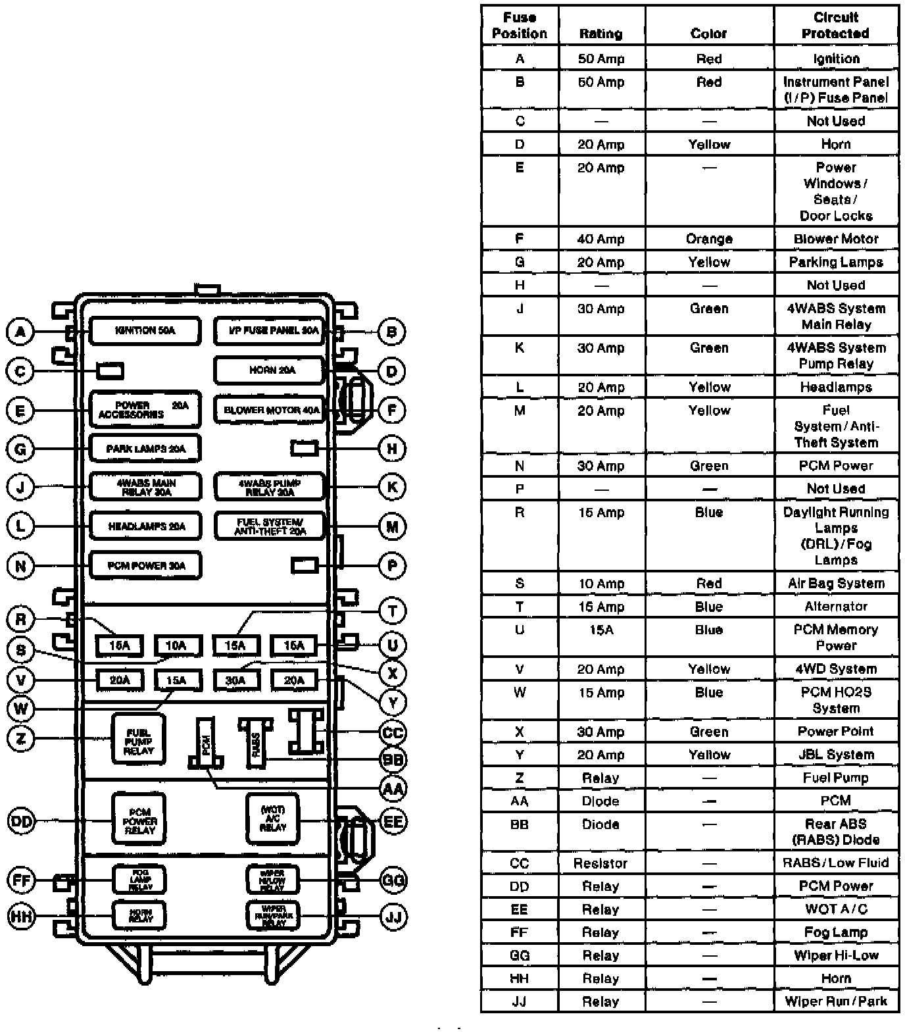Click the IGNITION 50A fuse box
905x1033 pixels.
[x=145, y=331]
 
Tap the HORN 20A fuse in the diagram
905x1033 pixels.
[x=270, y=370]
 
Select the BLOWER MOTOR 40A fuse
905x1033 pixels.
[x=270, y=410]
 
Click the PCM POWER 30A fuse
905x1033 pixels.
[x=145, y=565]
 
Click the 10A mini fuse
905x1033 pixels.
[x=176, y=645]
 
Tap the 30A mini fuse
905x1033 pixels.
[x=235, y=680]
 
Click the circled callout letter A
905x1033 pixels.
[x=20, y=331]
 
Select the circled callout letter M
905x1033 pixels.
[x=392, y=526]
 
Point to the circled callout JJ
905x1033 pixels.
[x=393, y=917]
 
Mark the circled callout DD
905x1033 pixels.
[x=21, y=821]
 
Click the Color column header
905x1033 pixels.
[x=708, y=33]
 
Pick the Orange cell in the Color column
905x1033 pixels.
[x=708, y=239]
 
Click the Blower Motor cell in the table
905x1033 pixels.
[x=835, y=239]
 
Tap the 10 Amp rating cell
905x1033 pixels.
[x=600, y=584]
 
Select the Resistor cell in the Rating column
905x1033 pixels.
[x=600, y=863]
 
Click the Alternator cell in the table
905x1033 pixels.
[x=835, y=607]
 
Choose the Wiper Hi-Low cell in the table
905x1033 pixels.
[x=835, y=955]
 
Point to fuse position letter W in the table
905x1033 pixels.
[x=519, y=693]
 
